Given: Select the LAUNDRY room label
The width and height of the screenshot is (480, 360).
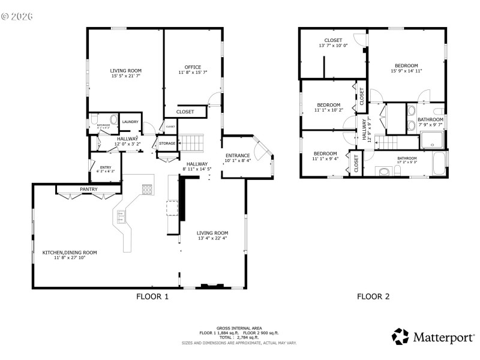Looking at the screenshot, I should (x=130, y=122).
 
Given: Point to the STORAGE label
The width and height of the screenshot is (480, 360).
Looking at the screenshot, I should (x=167, y=143).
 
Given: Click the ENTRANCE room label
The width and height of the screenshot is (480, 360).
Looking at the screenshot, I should (x=237, y=155).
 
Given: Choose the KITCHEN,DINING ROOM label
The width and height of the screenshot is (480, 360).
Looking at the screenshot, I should (x=70, y=253).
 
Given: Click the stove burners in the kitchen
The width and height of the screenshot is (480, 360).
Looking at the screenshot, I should (x=146, y=190).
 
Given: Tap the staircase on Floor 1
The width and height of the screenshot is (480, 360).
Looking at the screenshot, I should (x=193, y=143).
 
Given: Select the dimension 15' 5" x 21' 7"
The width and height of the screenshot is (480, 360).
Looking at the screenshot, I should (x=126, y=76).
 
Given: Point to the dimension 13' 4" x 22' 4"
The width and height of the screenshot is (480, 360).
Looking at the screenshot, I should (x=213, y=239).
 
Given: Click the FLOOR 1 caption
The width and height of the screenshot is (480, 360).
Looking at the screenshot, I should (x=152, y=296).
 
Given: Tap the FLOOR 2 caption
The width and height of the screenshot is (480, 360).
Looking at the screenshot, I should (x=373, y=296).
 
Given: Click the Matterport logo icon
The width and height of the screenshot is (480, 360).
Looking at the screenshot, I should (x=400, y=337).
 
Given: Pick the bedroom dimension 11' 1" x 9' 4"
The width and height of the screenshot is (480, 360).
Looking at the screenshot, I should (x=325, y=159).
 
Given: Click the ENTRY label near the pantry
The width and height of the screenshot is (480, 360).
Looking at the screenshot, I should (x=106, y=167).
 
